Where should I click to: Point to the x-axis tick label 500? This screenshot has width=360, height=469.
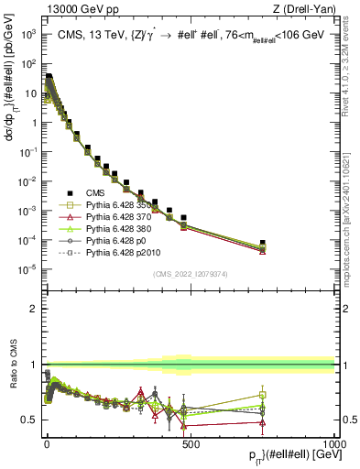coord(190,443)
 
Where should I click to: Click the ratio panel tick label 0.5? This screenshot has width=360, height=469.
coord(31,420)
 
